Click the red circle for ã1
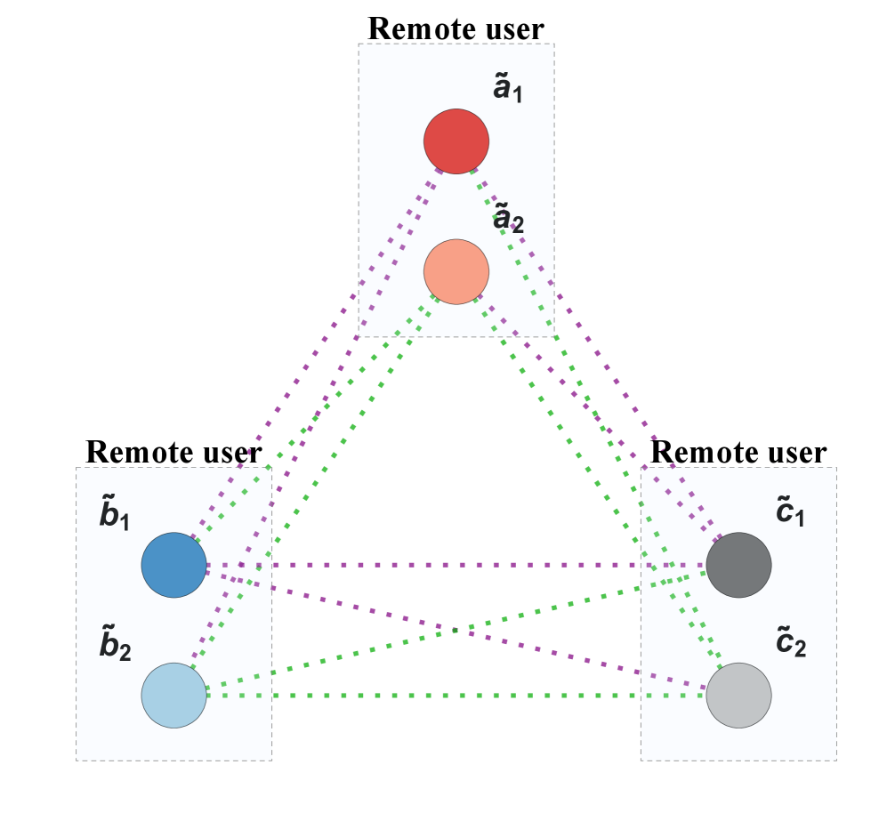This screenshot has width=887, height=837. (456, 141)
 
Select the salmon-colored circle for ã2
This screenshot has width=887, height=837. (456, 271)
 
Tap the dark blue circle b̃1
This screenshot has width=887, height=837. (173, 565)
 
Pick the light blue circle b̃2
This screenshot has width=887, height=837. (173, 695)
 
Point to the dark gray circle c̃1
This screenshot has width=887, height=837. (738, 565)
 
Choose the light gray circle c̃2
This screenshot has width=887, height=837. (738, 695)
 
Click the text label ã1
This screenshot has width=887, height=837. (507, 89)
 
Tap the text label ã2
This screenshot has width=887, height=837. (508, 219)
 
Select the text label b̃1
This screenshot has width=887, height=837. (115, 517)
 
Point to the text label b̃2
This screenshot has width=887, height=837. (115, 647)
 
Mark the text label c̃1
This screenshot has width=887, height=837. (790, 513)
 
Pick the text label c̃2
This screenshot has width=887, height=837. (791, 643)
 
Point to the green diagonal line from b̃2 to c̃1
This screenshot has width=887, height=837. (552, 609)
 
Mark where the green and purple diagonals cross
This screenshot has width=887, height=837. (456, 631)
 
